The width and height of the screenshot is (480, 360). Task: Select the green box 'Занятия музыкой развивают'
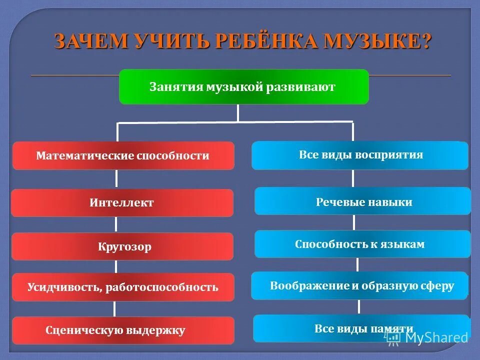click(243, 87)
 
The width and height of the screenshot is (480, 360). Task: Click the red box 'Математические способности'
click(123, 155)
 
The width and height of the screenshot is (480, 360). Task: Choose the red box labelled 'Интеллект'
click(122, 202)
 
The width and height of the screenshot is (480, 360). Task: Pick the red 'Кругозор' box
click(122, 246)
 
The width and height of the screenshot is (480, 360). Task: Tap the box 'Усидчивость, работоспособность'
click(123, 287)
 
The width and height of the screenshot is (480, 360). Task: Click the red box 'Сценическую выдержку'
click(123, 330)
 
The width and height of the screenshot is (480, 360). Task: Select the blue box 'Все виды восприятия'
click(360, 155)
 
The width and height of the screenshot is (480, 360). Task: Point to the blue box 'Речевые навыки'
click(363, 201)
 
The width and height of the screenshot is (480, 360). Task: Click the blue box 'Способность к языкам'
click(363, 244)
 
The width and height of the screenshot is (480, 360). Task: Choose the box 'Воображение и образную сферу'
click(360, 285)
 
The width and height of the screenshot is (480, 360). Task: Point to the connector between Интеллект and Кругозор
click(116, 224)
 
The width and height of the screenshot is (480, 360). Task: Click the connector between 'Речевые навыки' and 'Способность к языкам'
click(354, 222)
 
